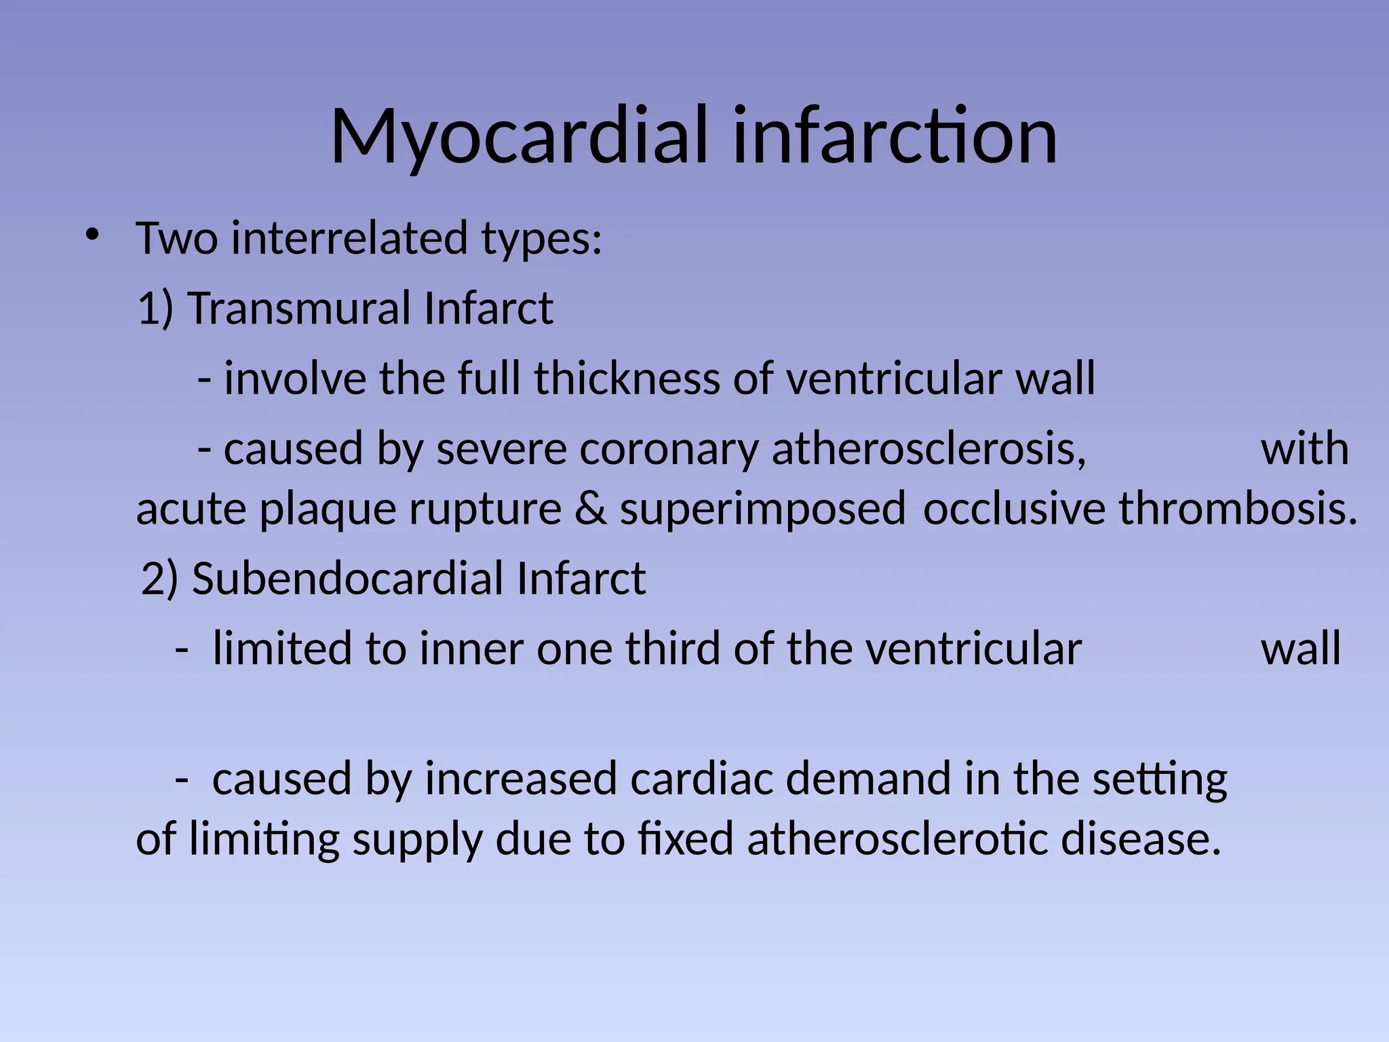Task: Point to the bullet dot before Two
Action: [92, 236]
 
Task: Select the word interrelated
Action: [349, 239]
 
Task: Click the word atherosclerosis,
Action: [929, 449]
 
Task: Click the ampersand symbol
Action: [590, 509]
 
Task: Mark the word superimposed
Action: [762, 509]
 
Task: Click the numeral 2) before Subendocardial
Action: [160, 579]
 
